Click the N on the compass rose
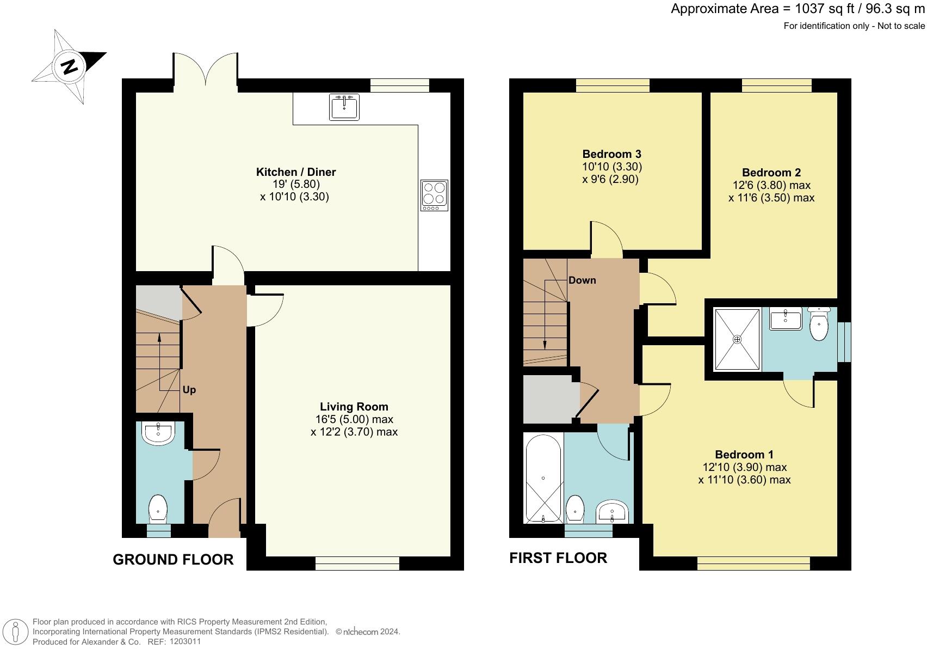coord(69,66)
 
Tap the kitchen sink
coord(344,107)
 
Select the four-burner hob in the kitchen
coord(434,195)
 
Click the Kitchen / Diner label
coord(296,172)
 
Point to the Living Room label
coord(354,407)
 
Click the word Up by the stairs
coord(189,390)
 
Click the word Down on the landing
coord(582,280)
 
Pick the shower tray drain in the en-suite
coord(737,339)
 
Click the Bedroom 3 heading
coord(611,154)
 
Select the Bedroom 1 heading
coord(744,455)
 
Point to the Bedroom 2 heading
coord(771,173)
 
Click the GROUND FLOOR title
coord(173,560)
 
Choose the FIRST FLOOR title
coord(558,558)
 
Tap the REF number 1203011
coord(186,641)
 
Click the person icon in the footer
coord(15,633)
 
